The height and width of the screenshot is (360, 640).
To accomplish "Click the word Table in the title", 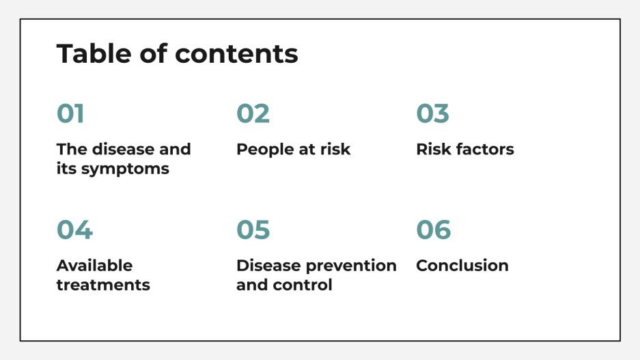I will tap(87, 53).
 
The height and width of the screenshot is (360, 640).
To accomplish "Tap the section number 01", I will tap(70, 114).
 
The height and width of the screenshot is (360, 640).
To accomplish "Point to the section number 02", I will tap(253, 114).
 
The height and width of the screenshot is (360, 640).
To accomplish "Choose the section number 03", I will tap(432, 114).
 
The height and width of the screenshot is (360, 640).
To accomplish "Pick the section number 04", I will tap(74, 230).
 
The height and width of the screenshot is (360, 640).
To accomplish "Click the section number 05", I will tap(253, 230).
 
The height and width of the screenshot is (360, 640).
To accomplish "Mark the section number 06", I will tap(434, 230).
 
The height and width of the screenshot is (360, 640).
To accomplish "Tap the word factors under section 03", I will tap(484, 150).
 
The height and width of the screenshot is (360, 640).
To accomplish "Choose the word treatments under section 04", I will tap(103, 285).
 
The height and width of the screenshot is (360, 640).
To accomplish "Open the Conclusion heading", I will tap(462, 266).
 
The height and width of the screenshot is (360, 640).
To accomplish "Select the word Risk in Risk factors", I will tap(432, 150).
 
